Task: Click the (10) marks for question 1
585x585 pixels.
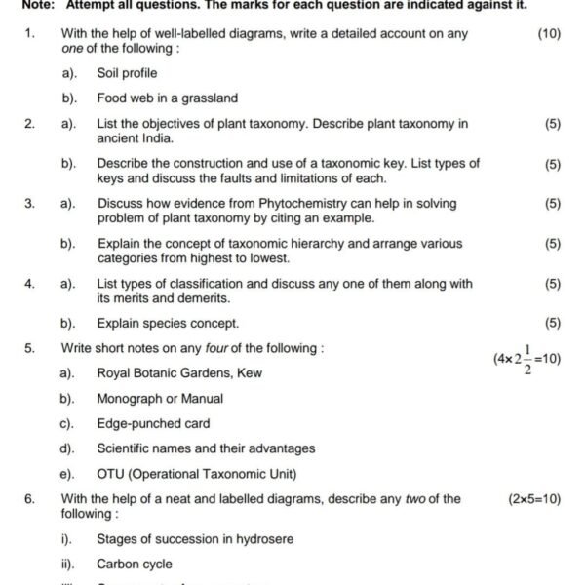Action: (549, 34)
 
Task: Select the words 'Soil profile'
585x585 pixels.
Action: (127, 73)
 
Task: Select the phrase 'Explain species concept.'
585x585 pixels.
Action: (168, 324)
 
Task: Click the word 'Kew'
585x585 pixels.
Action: (249, 373)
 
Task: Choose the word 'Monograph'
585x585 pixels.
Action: (131, 399)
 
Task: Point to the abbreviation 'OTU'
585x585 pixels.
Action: (111, 475)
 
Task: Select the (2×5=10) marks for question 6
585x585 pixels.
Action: (534, 499)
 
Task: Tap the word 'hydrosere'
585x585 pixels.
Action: (261, 539)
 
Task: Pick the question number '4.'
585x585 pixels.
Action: (30, 284)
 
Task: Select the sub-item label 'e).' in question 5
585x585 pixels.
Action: (67, 475)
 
